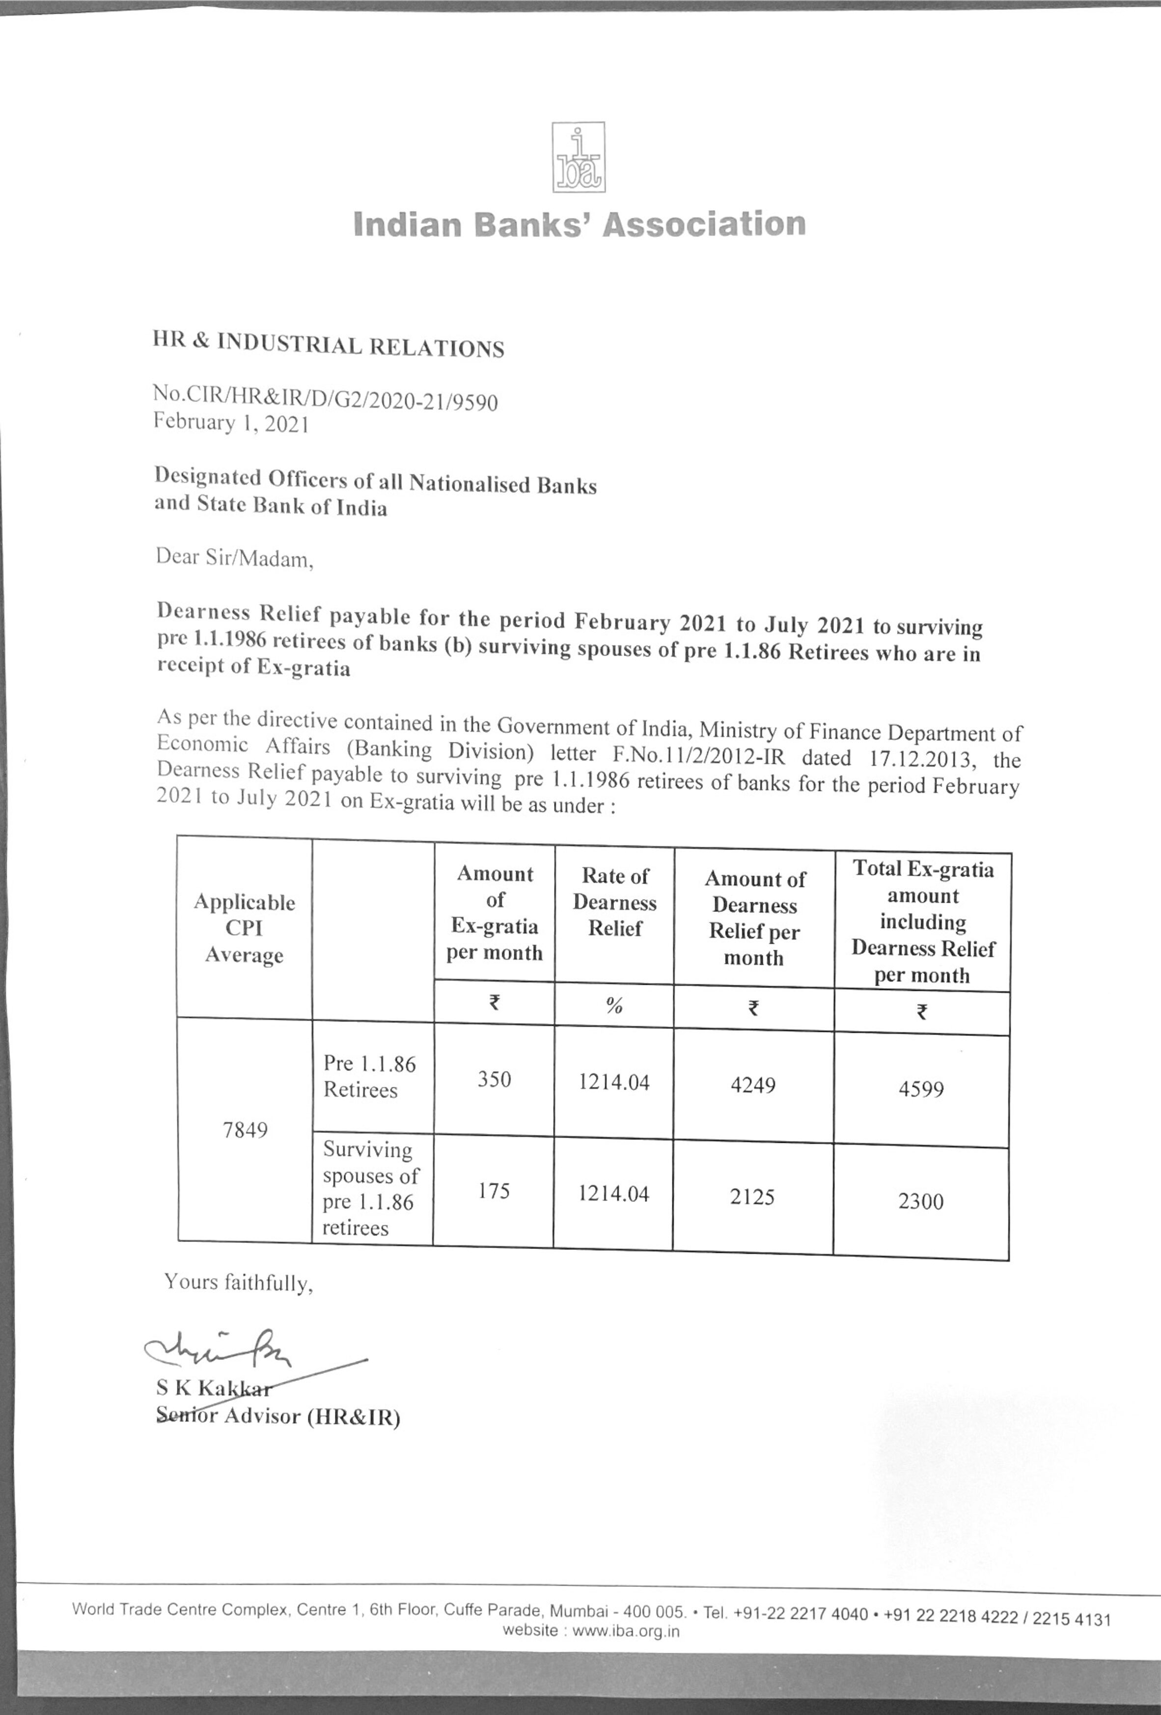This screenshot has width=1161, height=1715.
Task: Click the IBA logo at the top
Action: click(x=579, y=157)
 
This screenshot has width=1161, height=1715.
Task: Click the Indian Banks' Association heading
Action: click(x=580, y=223)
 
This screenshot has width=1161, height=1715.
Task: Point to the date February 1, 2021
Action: click(x=230, y=423)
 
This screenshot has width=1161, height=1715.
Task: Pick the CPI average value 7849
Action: click(x=245, y=1130)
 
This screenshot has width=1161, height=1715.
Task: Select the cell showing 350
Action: click(x=494, y=1079)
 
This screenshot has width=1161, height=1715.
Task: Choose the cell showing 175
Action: click(x=493, y=1191)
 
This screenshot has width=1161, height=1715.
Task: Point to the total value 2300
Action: click(x=920, y=1201)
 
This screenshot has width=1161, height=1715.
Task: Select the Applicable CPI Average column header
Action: click(x=244, y=928)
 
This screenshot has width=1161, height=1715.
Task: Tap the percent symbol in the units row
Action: click(x=614, y=1005)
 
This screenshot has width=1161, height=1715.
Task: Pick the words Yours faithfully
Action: click(x=238, y=1282)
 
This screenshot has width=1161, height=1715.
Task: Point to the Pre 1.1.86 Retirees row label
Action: click(x=369, y=1077)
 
